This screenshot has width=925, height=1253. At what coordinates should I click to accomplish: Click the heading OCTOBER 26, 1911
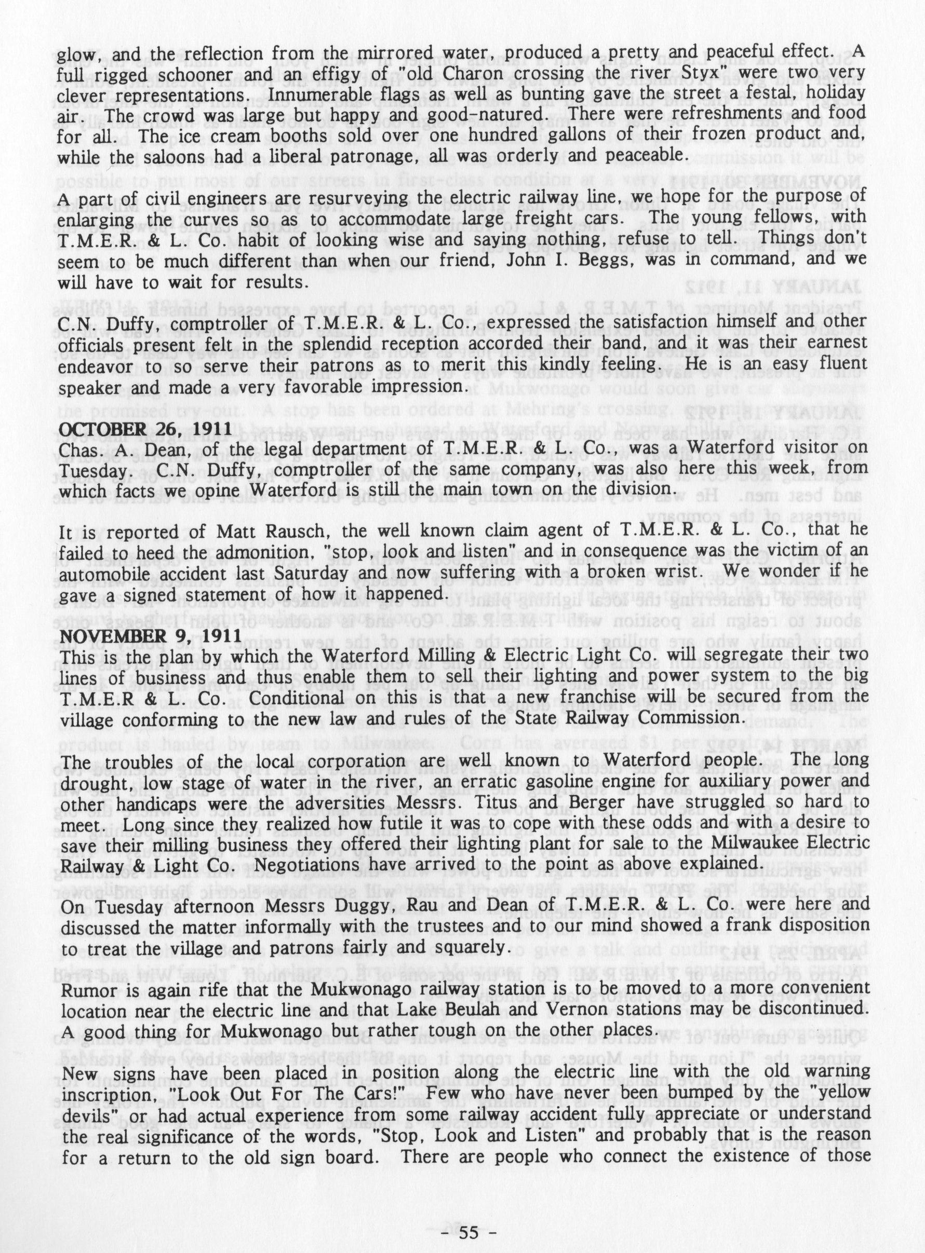145,430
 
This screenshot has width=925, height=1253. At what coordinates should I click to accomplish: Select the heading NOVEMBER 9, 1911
151,636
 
